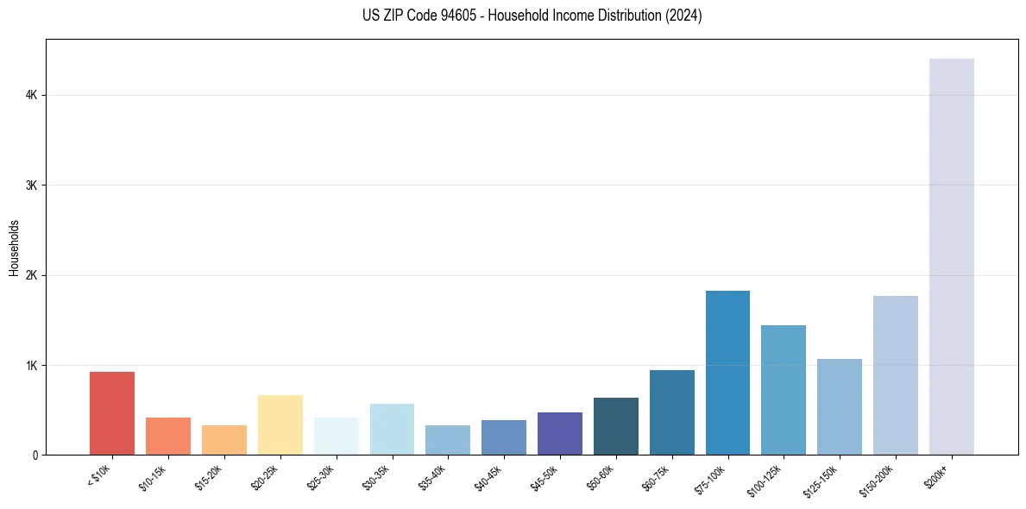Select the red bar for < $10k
coord(112,413)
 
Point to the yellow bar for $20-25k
coord(280,424)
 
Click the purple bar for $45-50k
coord(559,433)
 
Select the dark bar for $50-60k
coord(615,426)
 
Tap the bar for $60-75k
coord(671,412)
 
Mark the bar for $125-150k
coord(839,406)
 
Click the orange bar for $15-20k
coord(223,440)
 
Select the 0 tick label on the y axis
coord(35,455)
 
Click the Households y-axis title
coord(14,248)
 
